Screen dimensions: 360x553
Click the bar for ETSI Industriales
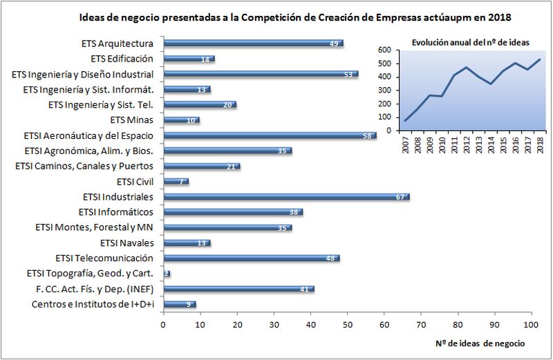pos(286,197)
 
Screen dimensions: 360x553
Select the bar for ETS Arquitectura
pos(253,44)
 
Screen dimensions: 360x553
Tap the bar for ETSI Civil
pos(176,182)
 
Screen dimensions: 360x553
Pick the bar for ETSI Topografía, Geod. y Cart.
pos(167,274)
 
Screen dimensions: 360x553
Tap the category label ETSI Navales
pos(126,243)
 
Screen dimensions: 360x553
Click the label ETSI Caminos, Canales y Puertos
pos(84,167)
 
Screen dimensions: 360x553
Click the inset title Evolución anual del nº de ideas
pos(470,42)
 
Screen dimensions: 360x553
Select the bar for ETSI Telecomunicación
pos(252,258)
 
